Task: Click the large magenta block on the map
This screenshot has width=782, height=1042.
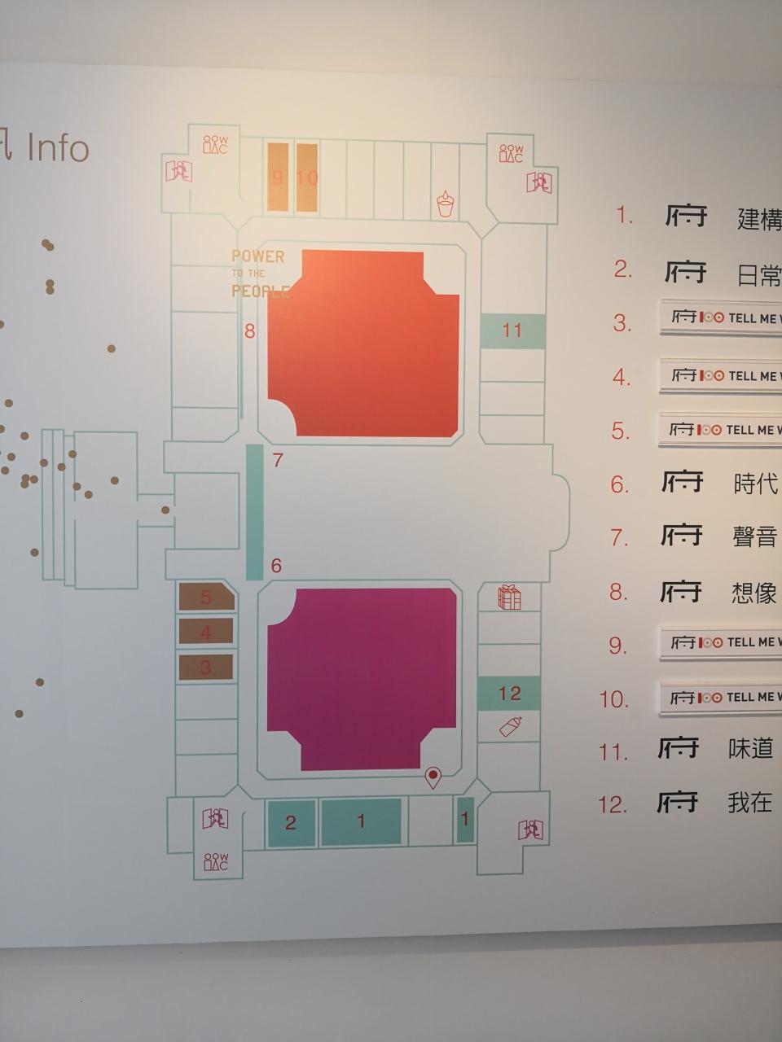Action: tap(361, 677)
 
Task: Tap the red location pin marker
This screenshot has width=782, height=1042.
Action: tap(433, 777)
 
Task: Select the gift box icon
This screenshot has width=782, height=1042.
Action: tap(509, 598)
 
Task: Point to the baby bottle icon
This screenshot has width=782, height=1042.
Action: tap(510, 725)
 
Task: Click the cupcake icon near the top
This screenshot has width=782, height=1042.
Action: tap(445, 204)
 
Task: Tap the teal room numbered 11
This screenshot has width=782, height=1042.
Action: tap(512, 331)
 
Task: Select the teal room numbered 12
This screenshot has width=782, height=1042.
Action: tap(509, 693)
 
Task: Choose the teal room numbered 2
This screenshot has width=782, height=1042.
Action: tap(291, 823)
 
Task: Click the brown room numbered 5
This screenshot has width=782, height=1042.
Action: tap(206, 598)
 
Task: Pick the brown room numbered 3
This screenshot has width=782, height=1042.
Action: tap(205, 668)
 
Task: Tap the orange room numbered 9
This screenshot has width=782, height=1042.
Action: tap(278, 177)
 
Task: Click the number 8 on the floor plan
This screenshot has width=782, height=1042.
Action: tap(250, 331)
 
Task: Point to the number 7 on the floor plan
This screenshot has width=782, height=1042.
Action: tap(278, 461)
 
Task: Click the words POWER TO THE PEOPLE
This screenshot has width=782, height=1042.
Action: tap(259, 274)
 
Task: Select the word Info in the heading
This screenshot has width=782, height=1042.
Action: tap(58, 149)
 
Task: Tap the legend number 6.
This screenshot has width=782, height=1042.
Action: tap(620, 484)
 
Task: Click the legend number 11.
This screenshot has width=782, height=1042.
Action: tap(613, 751)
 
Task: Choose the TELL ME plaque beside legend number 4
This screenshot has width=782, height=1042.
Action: tap(720, 375)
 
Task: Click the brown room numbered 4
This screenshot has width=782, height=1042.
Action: tap(205, 632)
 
